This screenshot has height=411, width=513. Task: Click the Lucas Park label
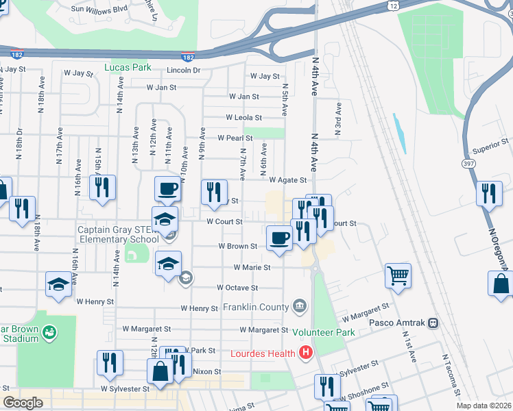click(127, 67)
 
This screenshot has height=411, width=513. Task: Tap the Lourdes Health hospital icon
click(306, 353)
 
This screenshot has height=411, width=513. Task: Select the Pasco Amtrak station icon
click(433, 322)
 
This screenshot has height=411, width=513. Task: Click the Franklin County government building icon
click(300, 306)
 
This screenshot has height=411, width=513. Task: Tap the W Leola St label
click(244, 118)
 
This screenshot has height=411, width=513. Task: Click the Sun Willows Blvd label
click(100, 10)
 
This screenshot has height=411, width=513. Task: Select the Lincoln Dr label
click(182, 71)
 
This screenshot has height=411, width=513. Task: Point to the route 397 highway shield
click(468, 164)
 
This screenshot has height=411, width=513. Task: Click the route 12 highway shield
click(392, 5)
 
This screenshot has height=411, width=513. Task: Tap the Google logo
click(23, 403)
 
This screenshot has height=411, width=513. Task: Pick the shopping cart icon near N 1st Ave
click(398, 275)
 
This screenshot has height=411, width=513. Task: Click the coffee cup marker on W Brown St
click(278, 238)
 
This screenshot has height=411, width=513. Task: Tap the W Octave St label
click(237, 288)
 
